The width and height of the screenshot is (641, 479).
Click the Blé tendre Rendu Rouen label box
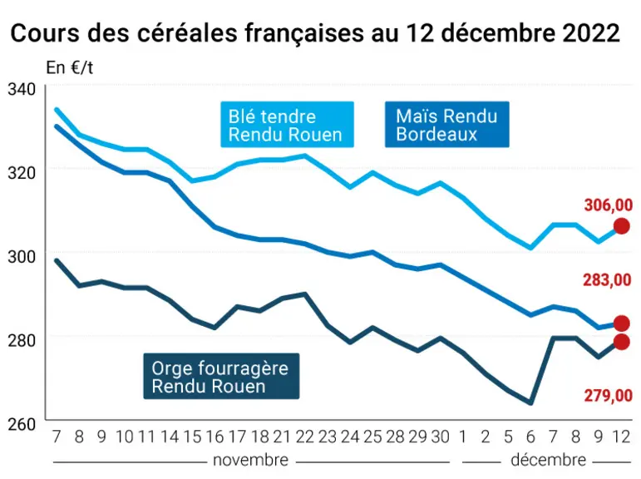tap(287, 125)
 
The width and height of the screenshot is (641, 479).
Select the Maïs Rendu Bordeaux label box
tap(446, 125)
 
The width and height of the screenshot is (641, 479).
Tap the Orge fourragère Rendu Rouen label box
tap(221, 376)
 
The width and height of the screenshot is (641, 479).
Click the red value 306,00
tap(609, 205)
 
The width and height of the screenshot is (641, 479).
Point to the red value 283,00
tap(607, 280)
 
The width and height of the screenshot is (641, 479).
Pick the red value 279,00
tap(609, 396)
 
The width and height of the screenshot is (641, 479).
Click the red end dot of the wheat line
tap(621, 226)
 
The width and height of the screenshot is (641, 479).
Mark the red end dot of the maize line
tap(621, 323)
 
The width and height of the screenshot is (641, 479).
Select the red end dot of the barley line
tap(621, 342)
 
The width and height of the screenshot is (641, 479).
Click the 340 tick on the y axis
tap(22, 90)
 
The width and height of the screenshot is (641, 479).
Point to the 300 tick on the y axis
tap(22, 257)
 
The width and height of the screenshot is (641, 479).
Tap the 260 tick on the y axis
tap(22, 424)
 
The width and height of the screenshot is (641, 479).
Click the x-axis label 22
tap(304, 437)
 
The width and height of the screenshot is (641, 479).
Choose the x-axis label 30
tap(441, 437)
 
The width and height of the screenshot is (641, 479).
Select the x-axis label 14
tap(170, 437)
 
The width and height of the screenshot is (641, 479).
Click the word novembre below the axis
tap(250, 461)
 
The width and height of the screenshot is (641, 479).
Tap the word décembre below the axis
tap(548, 461)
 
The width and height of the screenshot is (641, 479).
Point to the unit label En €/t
tap(70, 68)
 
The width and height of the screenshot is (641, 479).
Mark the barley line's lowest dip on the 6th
tap(530, 403)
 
